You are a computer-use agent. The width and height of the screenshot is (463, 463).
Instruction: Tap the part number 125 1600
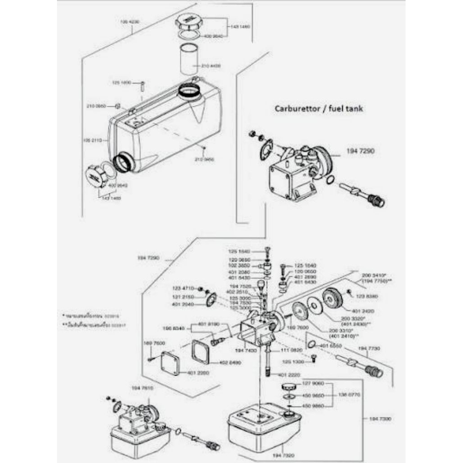121,83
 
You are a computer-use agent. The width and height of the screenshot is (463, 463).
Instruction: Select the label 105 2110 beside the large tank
93,140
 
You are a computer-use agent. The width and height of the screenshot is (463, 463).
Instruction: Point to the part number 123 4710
183,288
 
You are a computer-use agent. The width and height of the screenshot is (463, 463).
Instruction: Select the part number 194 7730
369,348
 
